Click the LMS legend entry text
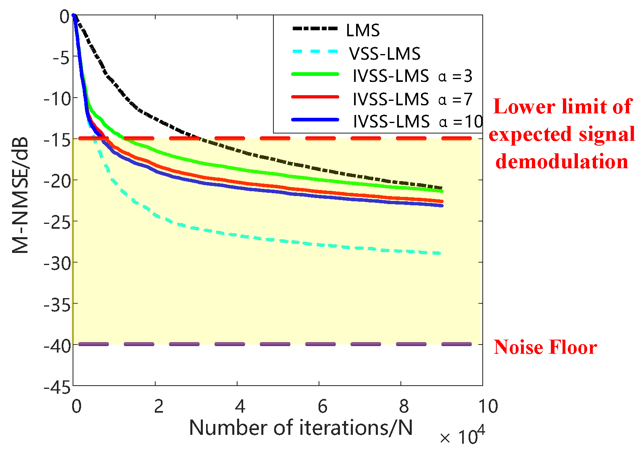(363, 30)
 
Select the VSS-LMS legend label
(385, 53)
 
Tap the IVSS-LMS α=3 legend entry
(412, 76)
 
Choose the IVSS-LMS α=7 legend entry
(412, 99)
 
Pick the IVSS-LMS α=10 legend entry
(417, 121)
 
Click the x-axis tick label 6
(322, 406)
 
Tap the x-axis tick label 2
(158, 406)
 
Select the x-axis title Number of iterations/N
(301, 428)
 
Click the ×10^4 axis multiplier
(463, 436)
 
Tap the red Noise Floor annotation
(545, 347)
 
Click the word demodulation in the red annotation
(561, 161)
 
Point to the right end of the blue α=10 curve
(442, 206)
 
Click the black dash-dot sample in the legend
(315, 29)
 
